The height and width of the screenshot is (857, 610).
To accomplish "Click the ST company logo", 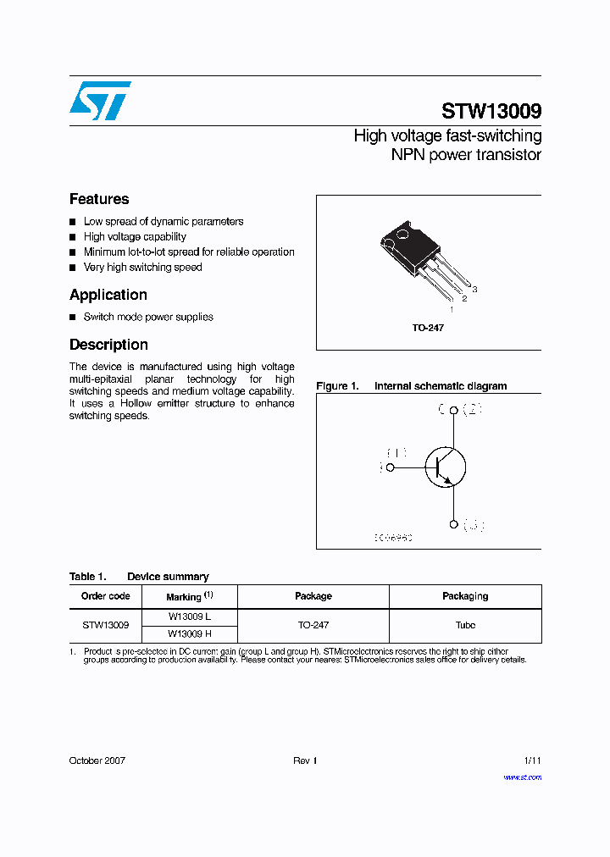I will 100,100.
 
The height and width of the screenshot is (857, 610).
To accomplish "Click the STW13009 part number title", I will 491,112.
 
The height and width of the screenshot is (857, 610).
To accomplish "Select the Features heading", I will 99,199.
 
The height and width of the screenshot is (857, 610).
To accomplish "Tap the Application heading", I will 108,295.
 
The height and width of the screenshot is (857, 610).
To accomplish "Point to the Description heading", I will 108,345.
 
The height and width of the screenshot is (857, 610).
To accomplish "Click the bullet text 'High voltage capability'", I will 135,237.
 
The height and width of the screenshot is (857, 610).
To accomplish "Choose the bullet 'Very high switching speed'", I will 142,268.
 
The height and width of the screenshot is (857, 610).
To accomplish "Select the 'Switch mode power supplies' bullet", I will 148,318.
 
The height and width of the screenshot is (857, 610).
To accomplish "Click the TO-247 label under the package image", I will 428,328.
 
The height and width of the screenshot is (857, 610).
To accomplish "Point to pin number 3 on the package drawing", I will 475,290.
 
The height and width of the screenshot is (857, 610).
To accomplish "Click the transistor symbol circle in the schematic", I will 446,467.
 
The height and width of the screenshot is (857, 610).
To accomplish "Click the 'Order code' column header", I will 106,596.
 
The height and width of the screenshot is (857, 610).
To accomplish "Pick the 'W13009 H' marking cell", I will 189,633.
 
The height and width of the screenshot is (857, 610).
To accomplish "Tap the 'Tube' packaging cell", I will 465,625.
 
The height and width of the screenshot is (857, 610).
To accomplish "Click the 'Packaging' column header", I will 465,596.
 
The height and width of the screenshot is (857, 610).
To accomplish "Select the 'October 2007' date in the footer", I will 97,760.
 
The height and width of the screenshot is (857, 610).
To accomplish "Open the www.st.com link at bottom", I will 522,777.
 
